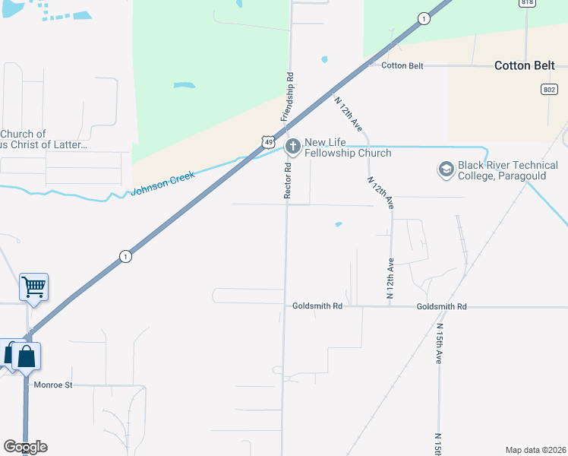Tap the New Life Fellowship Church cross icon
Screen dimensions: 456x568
pyautogui.click(x=291, y=146)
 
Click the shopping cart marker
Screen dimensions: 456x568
pyautogui.click(x=33, y=287)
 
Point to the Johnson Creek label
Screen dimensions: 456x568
pyautogui.click(x=163, y=183)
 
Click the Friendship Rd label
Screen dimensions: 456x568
pyautogui.click(x=288, y=97)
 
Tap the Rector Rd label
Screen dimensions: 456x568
pyautogui.click(x=289, y=181)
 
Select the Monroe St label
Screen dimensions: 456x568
pyautogui.click(x=53, y=385)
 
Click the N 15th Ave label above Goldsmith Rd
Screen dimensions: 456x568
pyautogui.click(x=439, y=344)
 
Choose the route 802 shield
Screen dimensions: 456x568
pyautogui.click(x=549, y=90)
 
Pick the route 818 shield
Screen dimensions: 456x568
pyautogui.click(x=527, y=3)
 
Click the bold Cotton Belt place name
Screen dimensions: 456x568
pyautogui.click(x=527, y=65)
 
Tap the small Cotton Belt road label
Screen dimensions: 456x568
pyautogui.click(x=402, y=66)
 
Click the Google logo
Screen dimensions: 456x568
pyautogui.click(x=25, y=447)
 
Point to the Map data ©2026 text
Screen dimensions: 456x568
pyautogui.click(x=535, y=450)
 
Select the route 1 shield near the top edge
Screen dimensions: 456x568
pyautogui.click(x=424, y=19)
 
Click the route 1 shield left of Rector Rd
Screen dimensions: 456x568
pyautogui.click(x=125, y=257)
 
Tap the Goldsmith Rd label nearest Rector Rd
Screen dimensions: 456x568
pyautogui.click(x=317, y=306)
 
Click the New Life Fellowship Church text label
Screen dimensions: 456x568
pyautogui.click(x=348, y=147)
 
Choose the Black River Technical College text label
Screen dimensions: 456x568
pyautogui.click(x=508, y=171)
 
